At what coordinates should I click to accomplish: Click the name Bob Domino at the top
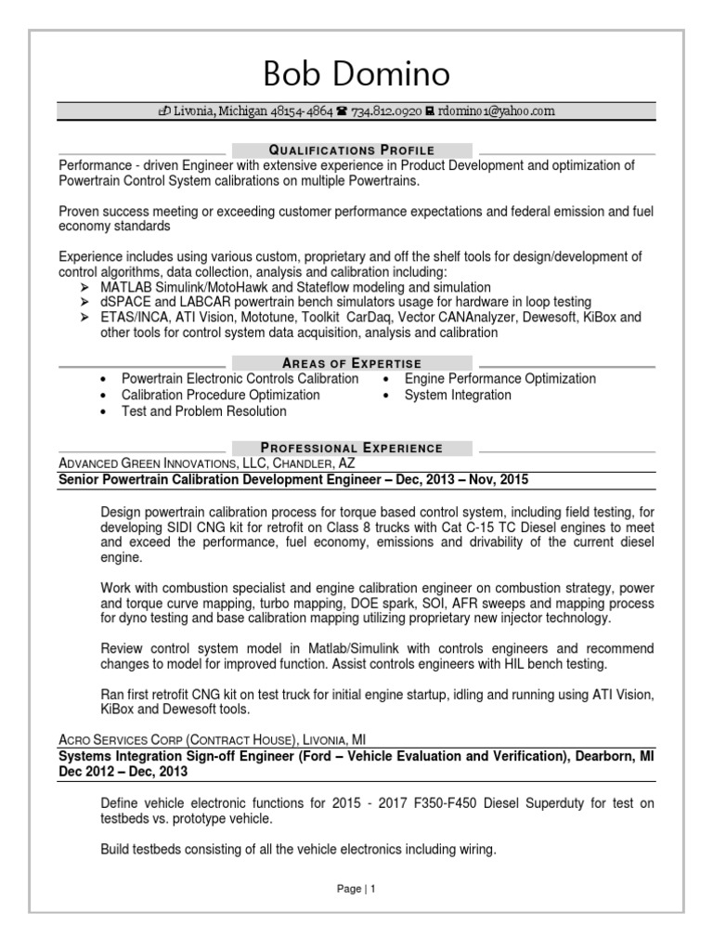click(356, 72)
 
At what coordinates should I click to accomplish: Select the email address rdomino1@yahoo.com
click(497, 111)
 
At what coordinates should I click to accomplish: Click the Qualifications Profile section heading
click(352, 150)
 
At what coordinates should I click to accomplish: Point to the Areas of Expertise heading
click(352, 363)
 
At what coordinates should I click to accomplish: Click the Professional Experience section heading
click(352, 448)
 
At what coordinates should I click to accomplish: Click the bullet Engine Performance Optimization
click(499, 379)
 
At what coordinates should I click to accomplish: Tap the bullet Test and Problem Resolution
click(204, 410)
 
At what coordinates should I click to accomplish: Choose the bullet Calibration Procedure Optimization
click(221, 395)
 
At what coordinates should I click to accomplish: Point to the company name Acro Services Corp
click(122, 740)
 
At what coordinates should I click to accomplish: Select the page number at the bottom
click(356, 889)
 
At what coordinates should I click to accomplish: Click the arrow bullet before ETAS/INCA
click(85, 318)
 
